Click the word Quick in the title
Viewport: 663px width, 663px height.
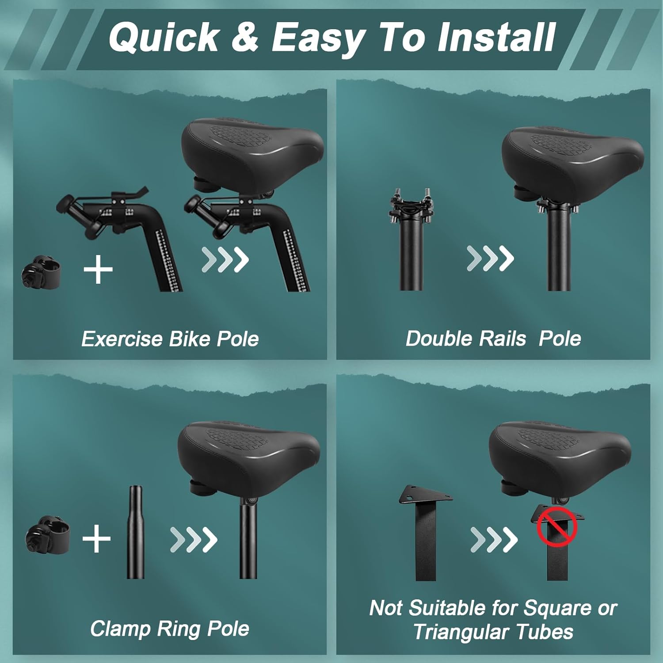(x=164, y=38)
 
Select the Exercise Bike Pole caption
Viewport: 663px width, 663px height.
(x=170, y=339)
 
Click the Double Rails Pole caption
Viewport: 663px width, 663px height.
(x=493, y=339)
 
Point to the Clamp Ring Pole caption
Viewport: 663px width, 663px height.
(x=170, y=628)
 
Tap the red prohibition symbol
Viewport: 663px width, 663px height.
(x=557, y=527)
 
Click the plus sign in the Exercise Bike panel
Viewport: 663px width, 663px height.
(x=98, y=269)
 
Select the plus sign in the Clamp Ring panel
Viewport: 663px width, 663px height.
(x=96, y=539)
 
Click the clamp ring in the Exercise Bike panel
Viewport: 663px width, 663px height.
(x=41, y=270)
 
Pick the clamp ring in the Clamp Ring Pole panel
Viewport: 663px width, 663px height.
(x=48, y=534)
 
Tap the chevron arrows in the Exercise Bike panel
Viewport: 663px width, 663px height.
(x=225, y=259)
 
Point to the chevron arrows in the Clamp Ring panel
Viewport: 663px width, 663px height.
(x=194, y=539)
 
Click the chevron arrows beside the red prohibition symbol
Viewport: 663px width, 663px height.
(x=494, y=539)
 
